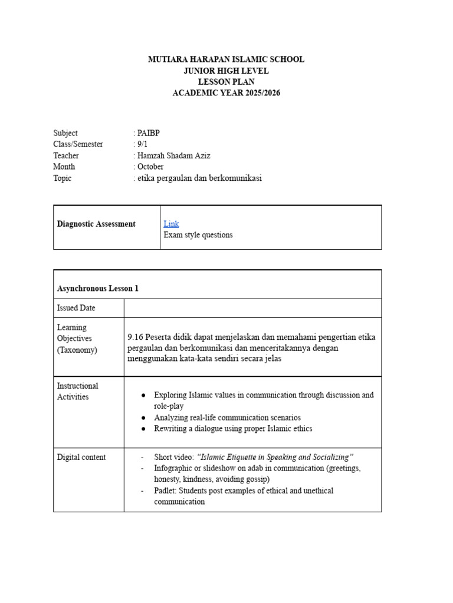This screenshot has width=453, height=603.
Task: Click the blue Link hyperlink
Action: click(x=171, y=224)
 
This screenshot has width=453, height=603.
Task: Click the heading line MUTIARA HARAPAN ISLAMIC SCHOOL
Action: click(x=226, y=59)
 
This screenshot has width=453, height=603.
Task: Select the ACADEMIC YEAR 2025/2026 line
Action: click(x=226, y=93)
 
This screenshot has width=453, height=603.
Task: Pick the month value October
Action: click(x=150, y=167)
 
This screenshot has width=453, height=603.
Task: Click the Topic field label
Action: click(x=62, y=178)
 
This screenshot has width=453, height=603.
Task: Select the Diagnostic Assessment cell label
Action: click(x=96, y=224)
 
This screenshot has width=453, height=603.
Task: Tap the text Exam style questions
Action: click(x=198, y=235)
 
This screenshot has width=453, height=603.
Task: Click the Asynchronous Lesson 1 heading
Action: click(x=98, y=289)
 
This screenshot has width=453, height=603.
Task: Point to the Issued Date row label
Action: click(x=76, y=308)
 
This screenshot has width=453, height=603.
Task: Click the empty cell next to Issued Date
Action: click(x=252, y=308)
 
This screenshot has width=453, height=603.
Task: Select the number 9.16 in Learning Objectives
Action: click(x=137, y=337)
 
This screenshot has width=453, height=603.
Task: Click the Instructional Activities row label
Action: click(x=77, y=391)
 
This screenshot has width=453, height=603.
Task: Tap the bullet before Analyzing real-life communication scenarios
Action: click(x=144, y=418)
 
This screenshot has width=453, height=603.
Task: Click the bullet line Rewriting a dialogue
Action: click(x=233, y=429)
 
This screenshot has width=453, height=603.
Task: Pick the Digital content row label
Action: click(x=81, y=457)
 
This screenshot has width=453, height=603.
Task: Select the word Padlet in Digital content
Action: click(x=165, y=491)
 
